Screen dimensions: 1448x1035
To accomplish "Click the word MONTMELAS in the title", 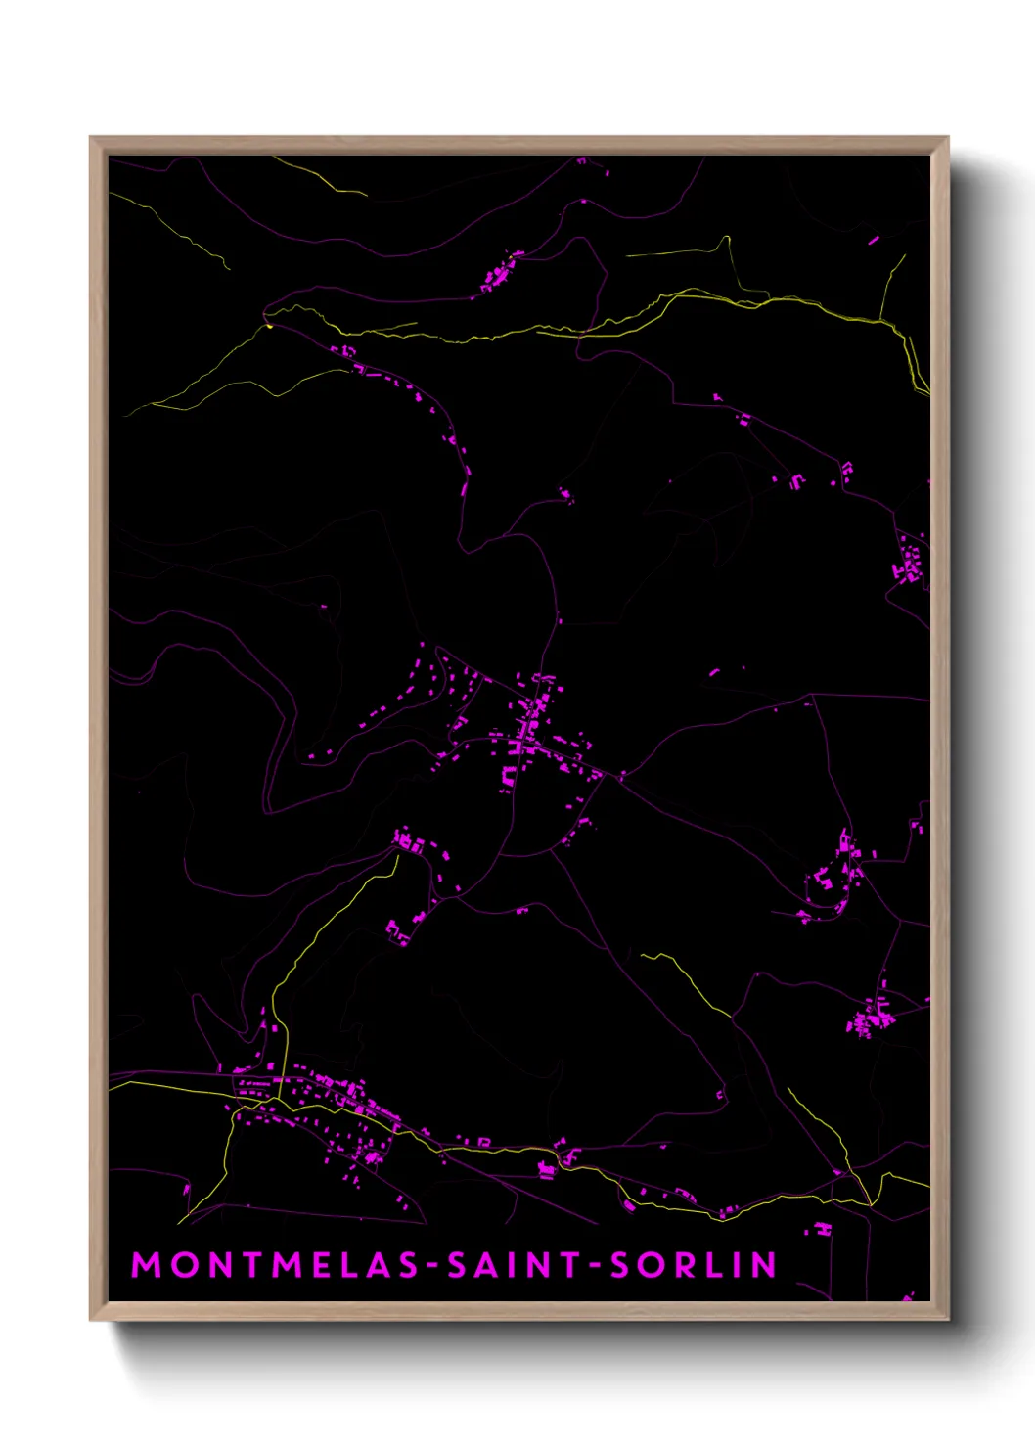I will (275, 1265).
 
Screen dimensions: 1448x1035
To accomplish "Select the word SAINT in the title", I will (516, 1265).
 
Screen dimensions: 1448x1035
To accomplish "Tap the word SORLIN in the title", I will (694, 1265).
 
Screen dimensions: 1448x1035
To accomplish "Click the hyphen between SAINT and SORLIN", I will (595, 1266).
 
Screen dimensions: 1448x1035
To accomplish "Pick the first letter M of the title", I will (147, 1265).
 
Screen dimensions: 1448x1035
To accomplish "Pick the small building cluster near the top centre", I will (500, 272).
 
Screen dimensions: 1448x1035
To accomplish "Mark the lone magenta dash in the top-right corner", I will (873, 239).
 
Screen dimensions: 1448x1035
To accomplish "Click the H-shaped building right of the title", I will (824, 1227).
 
